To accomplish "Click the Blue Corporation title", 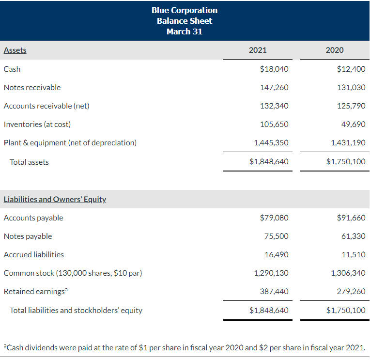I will click(185, 10).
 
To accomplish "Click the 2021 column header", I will click(257, 50).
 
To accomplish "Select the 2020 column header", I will click(335, 50).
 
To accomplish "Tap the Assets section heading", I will click(15, 50).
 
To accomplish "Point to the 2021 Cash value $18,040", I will click(274, 69).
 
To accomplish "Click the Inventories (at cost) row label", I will click(37, 124).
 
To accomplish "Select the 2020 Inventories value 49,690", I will click(353, 124).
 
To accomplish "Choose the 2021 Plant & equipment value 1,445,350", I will click(271, 142).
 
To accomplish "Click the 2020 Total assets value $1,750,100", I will click(346, 162).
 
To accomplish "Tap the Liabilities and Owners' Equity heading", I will click(55, 199).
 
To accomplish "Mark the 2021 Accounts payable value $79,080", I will click(274, 218).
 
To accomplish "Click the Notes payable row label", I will click(28, 236).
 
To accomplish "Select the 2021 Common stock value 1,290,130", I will click(271, 273).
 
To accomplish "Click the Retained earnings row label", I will click(34, 291).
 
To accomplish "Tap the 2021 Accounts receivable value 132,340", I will click(274, 106).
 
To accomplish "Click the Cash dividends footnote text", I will click(184, 347).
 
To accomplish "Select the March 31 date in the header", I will click(185, 31).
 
